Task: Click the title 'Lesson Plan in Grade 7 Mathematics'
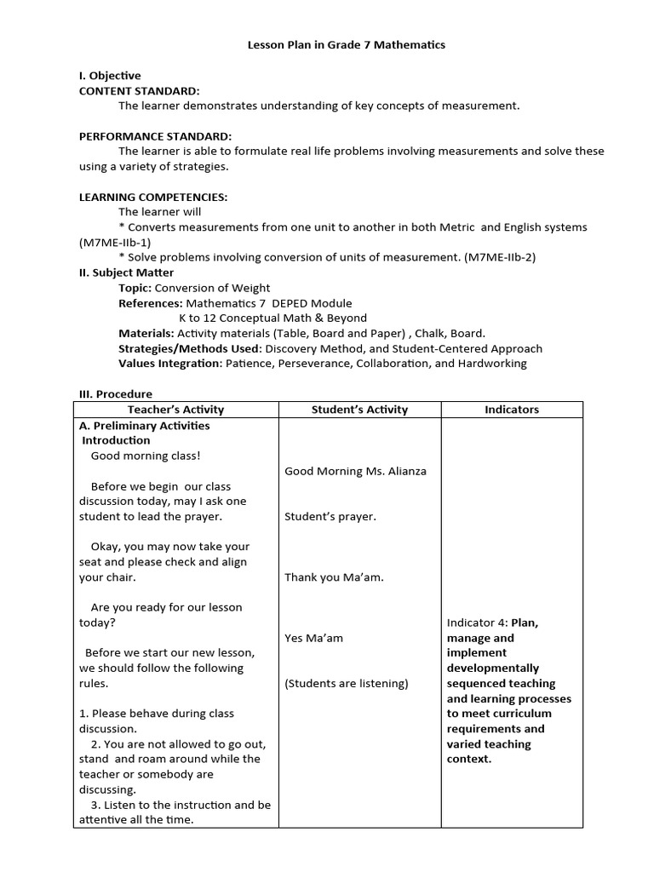click(346, 45)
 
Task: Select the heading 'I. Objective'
click(110, 76)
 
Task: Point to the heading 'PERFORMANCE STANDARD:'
click(155, 136)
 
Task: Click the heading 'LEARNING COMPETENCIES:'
click(153, 197)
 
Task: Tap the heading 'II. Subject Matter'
click(126, 272)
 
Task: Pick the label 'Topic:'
click(135, 288)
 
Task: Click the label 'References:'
click(150, 303)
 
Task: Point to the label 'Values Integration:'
click(169, 364)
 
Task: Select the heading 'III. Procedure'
click(115, 394)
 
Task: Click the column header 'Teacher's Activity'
click(175, 410)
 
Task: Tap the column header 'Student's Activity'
click(359, 410)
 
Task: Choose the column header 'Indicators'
click(512, 410)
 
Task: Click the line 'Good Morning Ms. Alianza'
click(355, 471)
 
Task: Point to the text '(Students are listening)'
click(347, 683)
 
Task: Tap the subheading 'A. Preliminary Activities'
click(144, 425)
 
